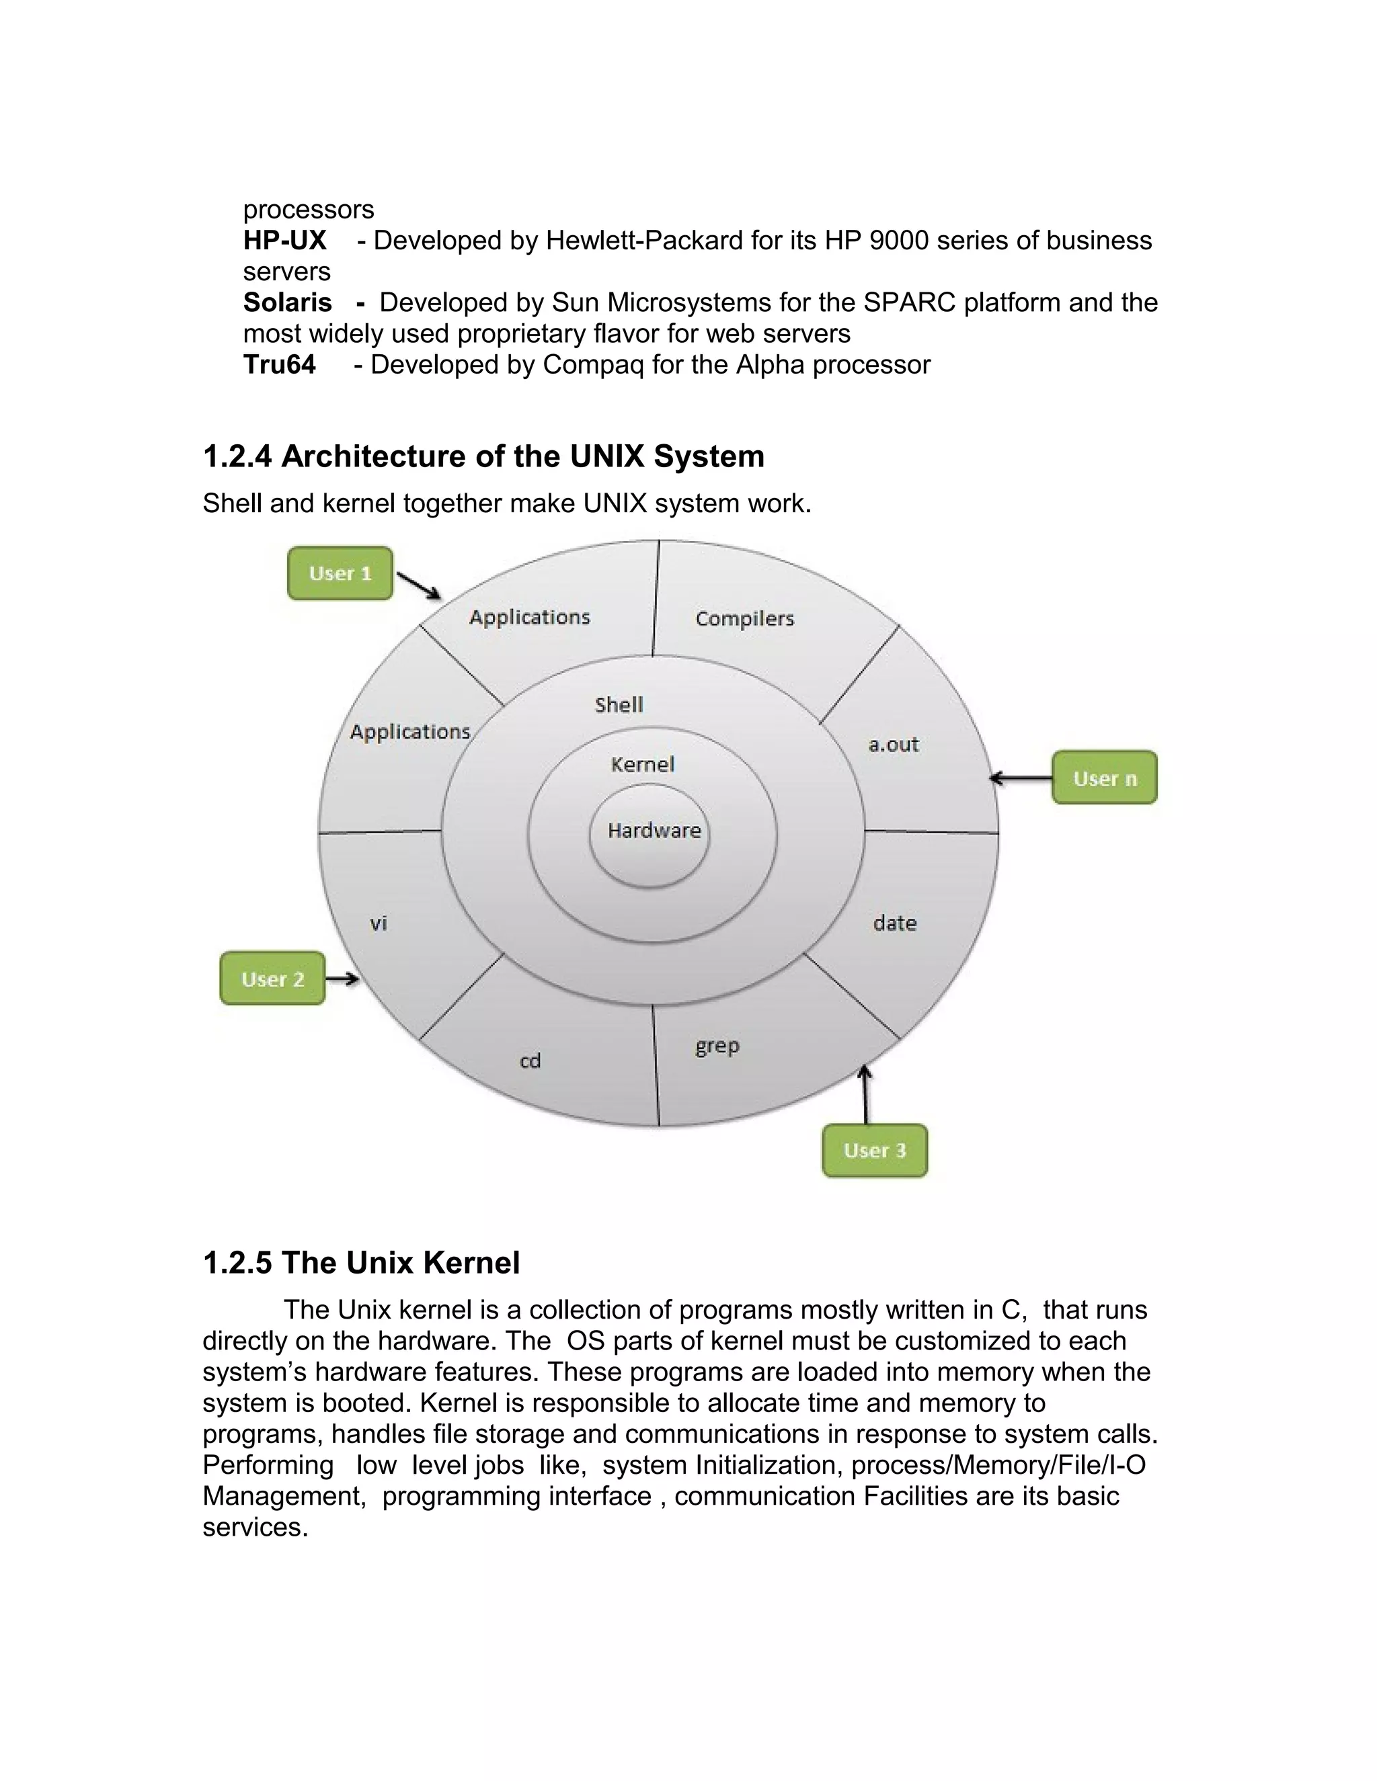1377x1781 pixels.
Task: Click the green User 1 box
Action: click(340, 573)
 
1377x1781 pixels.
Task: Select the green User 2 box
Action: click(272, 979)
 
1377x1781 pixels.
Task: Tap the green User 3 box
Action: click(875, 1151)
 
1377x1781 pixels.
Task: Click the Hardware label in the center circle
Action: click(654, 831)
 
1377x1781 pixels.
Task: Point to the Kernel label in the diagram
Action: click(643, 765)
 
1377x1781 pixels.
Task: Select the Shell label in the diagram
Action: click(619, 704)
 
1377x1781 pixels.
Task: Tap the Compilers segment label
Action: click(744, 619)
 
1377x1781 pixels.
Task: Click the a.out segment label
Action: click(894, 745)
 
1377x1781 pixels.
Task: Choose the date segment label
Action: click(895, 923)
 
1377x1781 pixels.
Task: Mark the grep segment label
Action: click(717, 1046)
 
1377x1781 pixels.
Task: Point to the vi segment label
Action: click(379, 924)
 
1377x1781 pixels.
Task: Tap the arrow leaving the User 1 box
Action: click(418, 585)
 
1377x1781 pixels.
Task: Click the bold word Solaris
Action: click(287, 302)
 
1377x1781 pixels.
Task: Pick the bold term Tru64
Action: click(279, 364)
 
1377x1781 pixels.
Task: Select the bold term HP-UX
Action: click(284, 241)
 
